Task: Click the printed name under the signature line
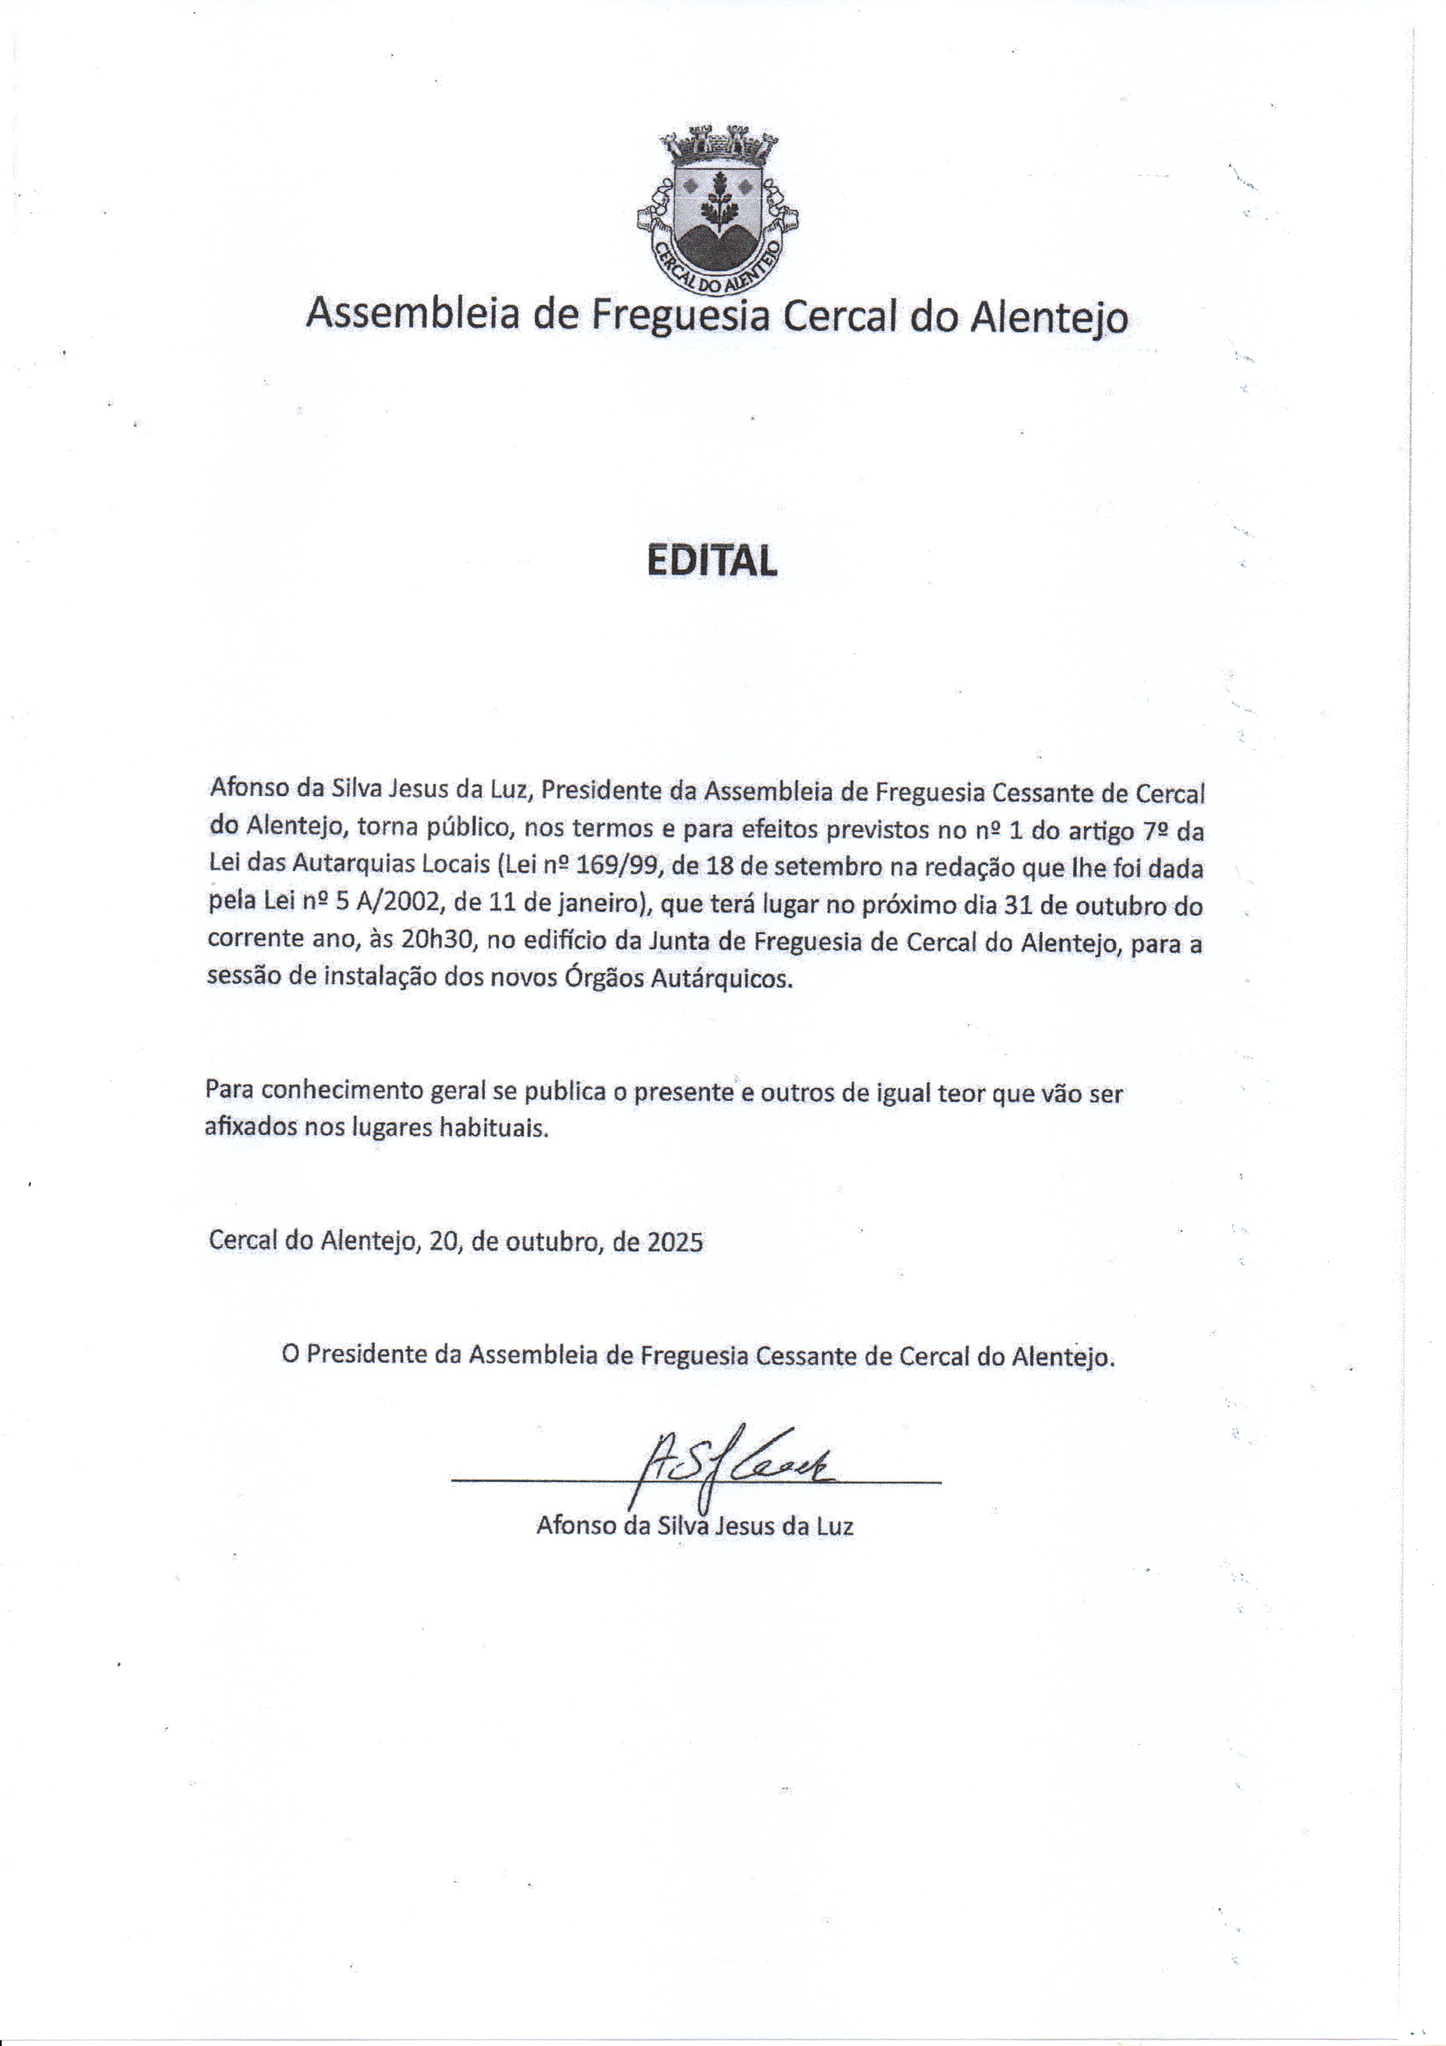click(695, 1525)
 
